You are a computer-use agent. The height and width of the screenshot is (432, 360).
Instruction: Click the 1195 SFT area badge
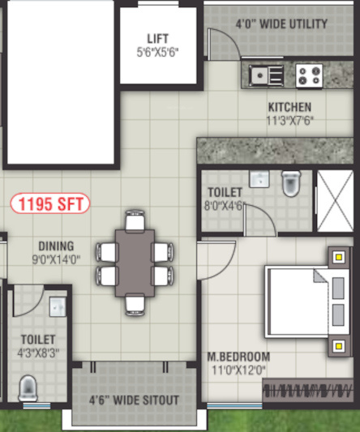(x=50, y=204)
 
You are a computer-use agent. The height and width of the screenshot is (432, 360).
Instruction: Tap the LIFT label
(x=158, y=38)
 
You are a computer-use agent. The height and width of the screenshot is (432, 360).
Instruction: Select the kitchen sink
(x=266, y=75)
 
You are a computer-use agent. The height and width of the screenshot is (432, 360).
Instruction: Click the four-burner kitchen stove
(x=309, y=75)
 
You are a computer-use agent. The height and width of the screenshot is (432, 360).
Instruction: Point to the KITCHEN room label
(x=289, y=107)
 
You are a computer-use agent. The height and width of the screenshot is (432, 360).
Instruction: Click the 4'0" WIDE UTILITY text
(x=281, y=24)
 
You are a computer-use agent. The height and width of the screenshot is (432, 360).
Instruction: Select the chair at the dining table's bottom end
(x=135, y=305)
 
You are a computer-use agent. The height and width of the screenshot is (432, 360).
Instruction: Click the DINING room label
(x=55, y=246)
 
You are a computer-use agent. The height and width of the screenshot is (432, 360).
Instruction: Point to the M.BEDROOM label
(x=238, y=357)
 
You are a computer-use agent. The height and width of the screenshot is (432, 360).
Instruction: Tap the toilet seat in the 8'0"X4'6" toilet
(x=290, y=185)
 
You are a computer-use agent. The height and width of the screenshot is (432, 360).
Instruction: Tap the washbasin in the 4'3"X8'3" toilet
(x=57, y=307)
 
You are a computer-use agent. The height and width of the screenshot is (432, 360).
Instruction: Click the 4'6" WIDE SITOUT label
(x=135, y=400)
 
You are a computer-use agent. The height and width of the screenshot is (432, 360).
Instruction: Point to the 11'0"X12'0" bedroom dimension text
(x=238, y=369)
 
